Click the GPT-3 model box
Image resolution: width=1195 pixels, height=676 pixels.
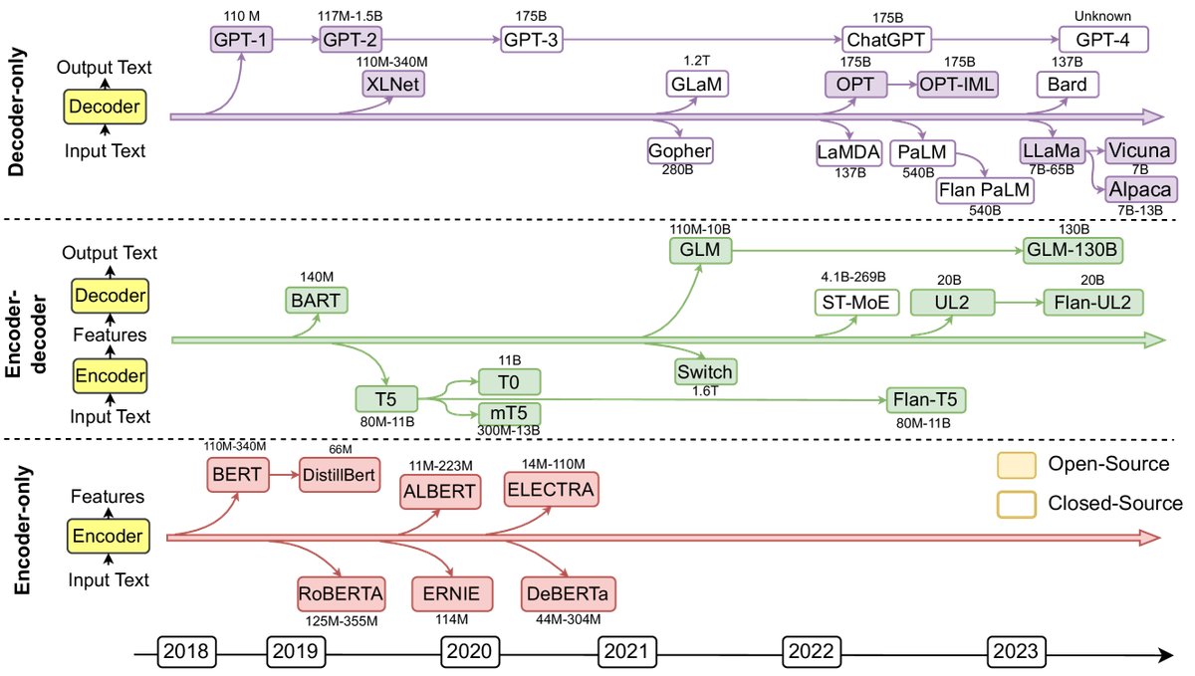(x=526, y=41)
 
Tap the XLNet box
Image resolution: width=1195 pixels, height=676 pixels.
(x=394, y=85)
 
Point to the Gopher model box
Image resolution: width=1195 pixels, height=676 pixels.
(x=680, y=151)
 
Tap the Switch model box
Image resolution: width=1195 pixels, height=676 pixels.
(x=705, y=371)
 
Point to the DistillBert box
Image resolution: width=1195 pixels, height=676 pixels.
(x=340, y=475)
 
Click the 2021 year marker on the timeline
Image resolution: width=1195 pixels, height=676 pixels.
(x=625, y=654)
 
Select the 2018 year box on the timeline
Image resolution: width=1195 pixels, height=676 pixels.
(x=187, y=654)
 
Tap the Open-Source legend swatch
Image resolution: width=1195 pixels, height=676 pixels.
(x=1017, y=464)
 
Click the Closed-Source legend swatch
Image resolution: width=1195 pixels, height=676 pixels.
(x=1017, y=503)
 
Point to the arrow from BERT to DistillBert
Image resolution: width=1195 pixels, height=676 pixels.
(x=286, y=475)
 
